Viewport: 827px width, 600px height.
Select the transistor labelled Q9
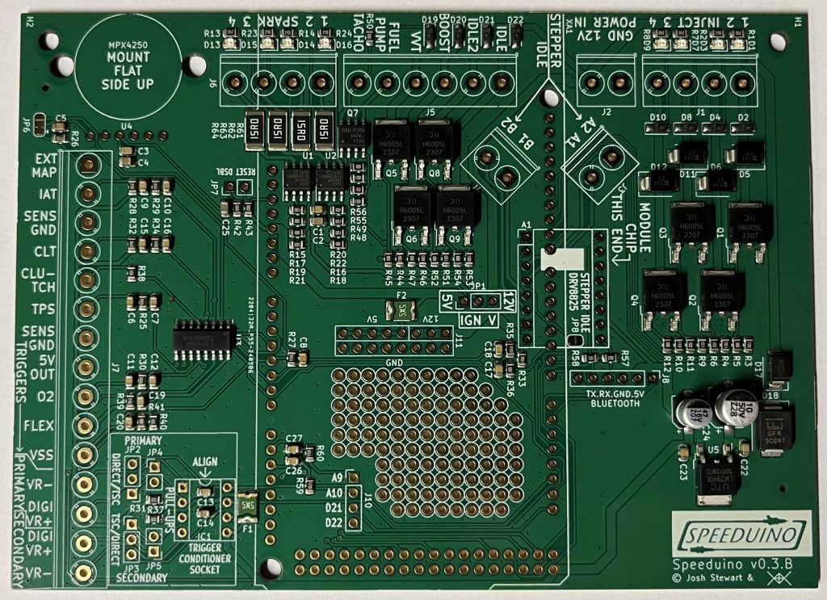[458, 208]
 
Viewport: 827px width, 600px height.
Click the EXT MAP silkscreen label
[46, 166]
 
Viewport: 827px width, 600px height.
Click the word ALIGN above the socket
[204, 463]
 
